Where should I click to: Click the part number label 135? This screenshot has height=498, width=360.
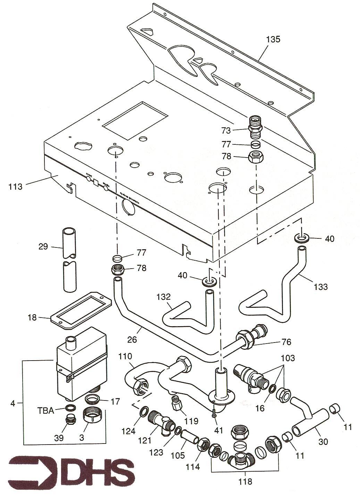pyautogui.click(x=273, y=40)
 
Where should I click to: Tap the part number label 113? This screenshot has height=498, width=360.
pyautogui.click(x=16, y=187)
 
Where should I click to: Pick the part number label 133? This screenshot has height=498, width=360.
pyautogui.click(x=320, y=287)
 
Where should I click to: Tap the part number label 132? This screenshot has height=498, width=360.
pyautogui.click(x=164, y=297)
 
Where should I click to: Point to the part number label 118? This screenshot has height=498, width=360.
pyautogui.click(x=245, y=482)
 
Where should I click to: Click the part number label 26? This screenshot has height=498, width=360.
pyautogui.click(x=132, y=340)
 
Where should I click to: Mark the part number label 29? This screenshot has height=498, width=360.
pyautogui.click(x=43, y=247)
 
